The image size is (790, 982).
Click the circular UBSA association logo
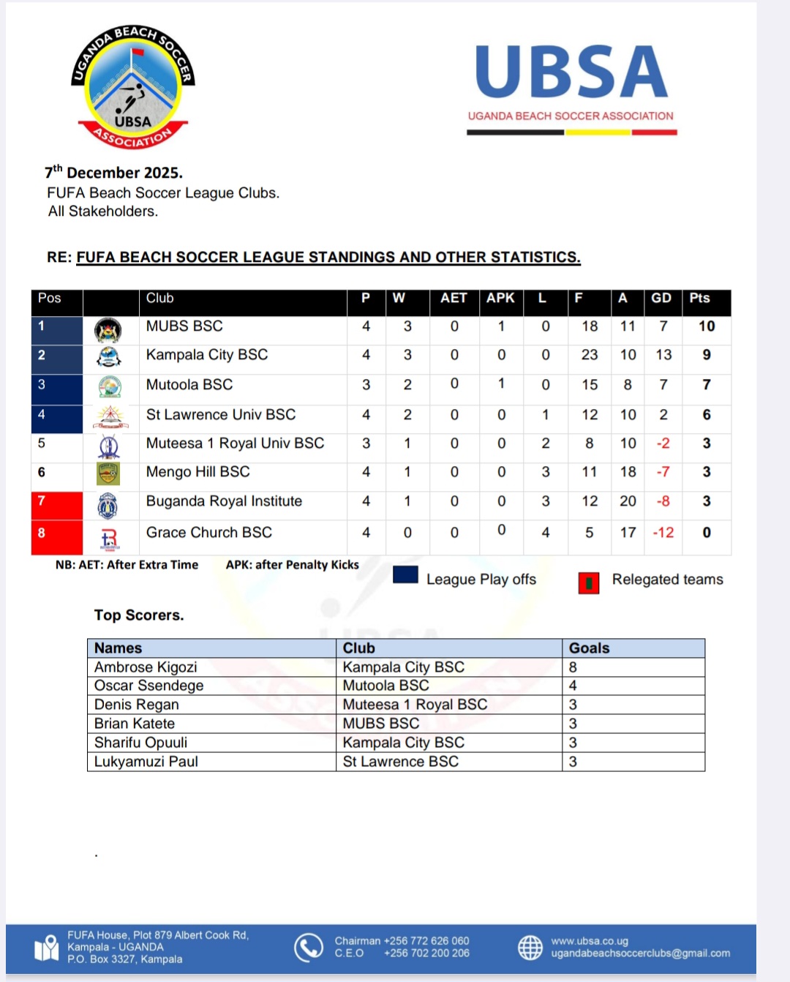point(133,86)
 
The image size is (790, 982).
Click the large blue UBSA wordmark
point(571,72)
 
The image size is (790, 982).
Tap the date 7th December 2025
point(114,173)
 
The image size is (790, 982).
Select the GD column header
point(661,299)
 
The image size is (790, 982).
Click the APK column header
point(500,299)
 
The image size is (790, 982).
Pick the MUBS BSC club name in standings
point(184,326)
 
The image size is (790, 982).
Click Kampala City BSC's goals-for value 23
point(590,355)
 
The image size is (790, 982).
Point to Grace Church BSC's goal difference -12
point(663,533)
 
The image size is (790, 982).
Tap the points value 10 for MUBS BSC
point(707,326)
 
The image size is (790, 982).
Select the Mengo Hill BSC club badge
point(108,473)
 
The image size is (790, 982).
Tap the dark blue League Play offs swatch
point(405,575)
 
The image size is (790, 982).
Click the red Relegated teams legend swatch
point(589,582)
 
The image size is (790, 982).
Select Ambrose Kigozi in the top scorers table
point(146,667)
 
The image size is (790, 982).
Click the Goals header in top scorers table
point(589,648)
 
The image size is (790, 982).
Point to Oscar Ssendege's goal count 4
point(573,686)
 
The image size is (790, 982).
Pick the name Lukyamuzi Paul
point(146,762)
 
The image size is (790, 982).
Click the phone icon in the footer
point(309,947)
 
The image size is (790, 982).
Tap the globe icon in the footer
point(530,947)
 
